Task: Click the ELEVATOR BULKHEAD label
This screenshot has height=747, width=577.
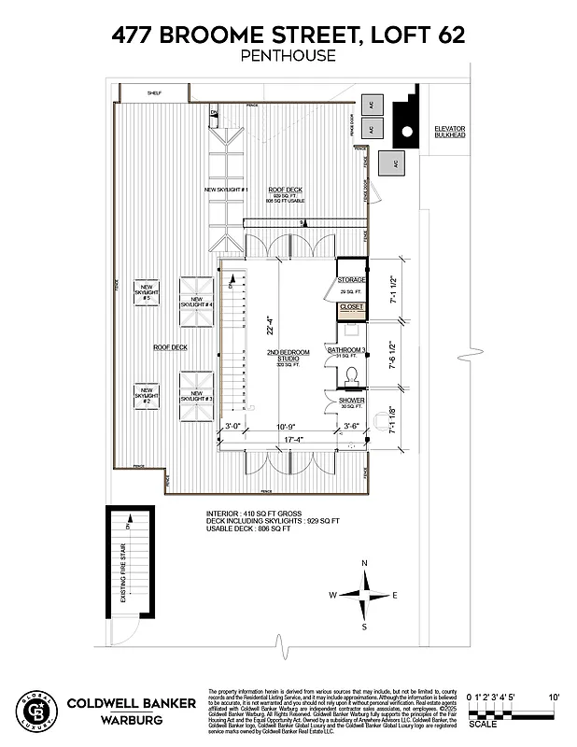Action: click(449, 132)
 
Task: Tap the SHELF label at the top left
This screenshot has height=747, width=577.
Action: click(154, 92)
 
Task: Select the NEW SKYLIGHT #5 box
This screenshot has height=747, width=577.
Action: click(148, 291)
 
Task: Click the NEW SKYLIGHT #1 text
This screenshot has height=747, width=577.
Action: click(226, 190)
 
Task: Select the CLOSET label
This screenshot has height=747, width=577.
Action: click(351, 306)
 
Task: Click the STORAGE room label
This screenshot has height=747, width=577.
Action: click(351, 279)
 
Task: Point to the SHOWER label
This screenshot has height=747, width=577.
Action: click(351, 401)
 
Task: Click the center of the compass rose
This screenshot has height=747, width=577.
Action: click(364, 595)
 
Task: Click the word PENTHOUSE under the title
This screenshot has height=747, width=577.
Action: click(288, 56)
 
